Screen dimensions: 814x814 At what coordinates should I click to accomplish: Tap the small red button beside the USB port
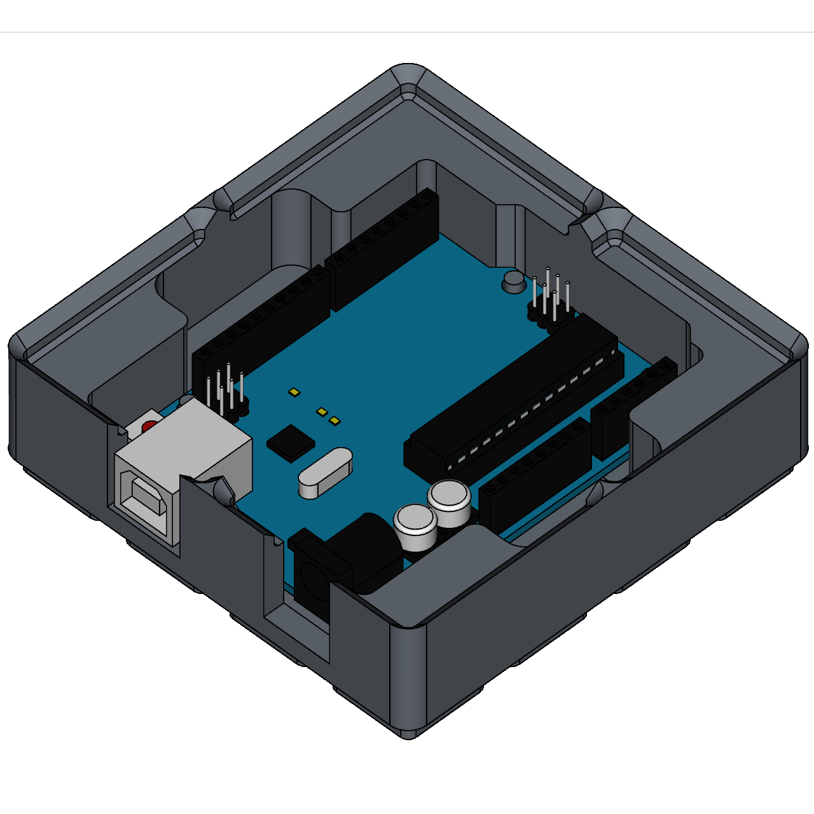click(x=149, y=426)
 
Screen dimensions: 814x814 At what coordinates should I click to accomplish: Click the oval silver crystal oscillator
click(x=325, y=473)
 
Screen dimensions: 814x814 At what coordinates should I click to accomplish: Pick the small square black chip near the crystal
click(x=291, y=443)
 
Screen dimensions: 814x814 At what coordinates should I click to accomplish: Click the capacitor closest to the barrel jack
click(x=416, y=525)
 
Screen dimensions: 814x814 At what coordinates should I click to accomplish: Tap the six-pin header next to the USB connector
click(x=226, y=394)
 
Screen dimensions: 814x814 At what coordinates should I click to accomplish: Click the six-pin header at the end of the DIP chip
click(x=551, y=299)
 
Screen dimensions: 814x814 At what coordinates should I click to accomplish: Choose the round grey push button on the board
click(x=513, y=280)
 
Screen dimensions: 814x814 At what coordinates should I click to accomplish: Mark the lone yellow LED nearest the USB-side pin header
click(x=294, y=392)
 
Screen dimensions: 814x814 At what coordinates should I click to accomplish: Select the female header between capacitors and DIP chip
click(x=534, y=471)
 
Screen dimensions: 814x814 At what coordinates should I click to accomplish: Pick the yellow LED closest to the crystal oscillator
click(x=335, y=421)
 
